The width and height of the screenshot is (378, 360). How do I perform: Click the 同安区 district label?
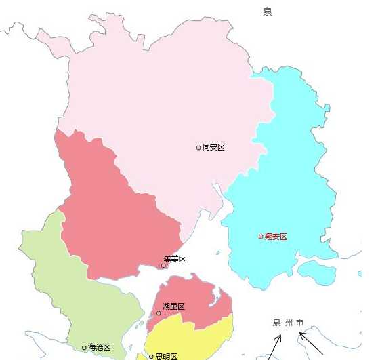click(213, 147)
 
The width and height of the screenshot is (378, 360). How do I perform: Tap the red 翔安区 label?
click(276, 237)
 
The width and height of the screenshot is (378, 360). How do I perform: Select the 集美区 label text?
click(174, 259)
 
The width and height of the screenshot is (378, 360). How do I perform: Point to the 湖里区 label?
click(173, 306)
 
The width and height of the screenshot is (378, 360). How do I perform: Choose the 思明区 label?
click(166, 356)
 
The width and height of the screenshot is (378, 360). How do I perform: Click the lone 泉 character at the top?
click(268, 12)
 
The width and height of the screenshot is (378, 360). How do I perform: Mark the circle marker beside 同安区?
click(198, 147)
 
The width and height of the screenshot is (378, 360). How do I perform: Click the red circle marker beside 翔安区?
click(261, 237)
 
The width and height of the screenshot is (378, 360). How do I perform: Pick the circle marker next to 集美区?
click(163, 266)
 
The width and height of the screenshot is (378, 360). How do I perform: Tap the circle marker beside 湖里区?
click(159, 313)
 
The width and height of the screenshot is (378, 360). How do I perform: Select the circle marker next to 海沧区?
click(84, 348)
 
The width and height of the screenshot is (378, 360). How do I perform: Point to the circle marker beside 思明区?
click(151, 356)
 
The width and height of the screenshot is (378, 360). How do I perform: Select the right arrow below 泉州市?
click(313, 342)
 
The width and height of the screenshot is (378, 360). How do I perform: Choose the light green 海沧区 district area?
click(75, 292)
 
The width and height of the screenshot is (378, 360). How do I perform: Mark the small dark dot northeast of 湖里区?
click(215, 297)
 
